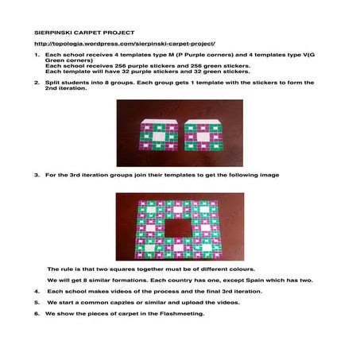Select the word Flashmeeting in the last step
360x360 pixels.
[184, 314]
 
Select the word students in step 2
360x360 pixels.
[73, 82]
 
